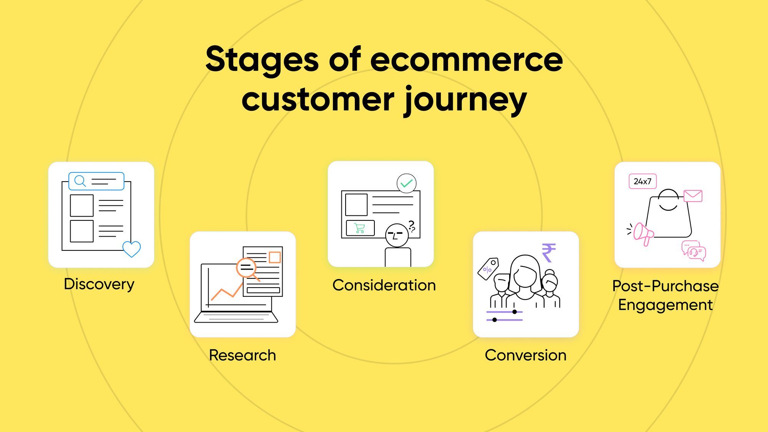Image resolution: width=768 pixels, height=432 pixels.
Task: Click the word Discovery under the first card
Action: [x=99, y=284]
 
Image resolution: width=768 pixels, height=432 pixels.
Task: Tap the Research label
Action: [x=242, y=355]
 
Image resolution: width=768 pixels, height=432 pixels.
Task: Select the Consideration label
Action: [x=384, y=285]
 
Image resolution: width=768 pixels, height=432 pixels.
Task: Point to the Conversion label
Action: [x=525, y=355]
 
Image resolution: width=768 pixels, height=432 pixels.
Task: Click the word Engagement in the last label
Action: [x=665, y=305]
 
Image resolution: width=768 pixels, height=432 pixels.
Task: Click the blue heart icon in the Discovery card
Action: [x=132, y=249]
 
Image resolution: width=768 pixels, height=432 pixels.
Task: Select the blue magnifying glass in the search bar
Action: [x=80, y=180]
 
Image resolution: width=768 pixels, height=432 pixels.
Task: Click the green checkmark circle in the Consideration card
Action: [x=406, y=184]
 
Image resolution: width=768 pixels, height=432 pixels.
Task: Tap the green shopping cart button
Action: [x=360, y=228]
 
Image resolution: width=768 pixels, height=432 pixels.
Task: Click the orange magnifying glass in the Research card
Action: [x=247, y=268]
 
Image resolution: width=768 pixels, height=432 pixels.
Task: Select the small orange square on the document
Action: [x=275, y=257]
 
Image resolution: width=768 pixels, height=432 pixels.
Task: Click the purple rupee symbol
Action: [x=548, y=253]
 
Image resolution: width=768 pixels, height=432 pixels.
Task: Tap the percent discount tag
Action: [x=488, y=268]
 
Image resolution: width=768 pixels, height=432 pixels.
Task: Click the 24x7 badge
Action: [x=642, y=181]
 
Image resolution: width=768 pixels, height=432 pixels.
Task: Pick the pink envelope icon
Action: [x=693, y=196]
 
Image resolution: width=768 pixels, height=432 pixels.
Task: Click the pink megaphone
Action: [x=642, y=233]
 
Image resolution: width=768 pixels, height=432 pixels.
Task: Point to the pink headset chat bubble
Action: [x=696, y=253]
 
